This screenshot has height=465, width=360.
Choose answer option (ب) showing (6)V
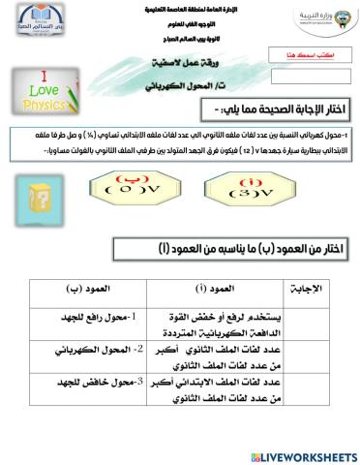click(126, 185)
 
